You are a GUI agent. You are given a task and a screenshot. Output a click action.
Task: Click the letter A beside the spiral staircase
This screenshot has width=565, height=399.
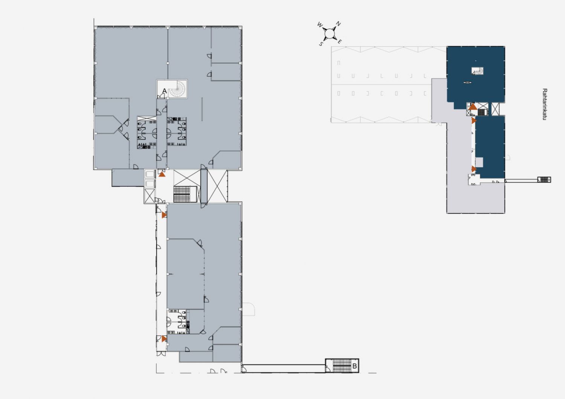pos(165,91)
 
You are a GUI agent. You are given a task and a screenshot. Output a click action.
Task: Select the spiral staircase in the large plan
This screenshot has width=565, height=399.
pos(177,89)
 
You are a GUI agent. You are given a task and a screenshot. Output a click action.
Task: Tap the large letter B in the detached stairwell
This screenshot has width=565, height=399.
pos(354,366)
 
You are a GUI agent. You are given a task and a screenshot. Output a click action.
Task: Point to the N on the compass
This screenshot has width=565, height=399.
pos(339,24)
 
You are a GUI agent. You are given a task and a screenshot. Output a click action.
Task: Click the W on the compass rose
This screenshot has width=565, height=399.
pos(319,25)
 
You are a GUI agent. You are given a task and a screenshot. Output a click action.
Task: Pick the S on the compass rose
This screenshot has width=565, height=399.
pos(321,44)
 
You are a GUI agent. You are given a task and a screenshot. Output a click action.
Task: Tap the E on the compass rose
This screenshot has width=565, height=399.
pos(339,41)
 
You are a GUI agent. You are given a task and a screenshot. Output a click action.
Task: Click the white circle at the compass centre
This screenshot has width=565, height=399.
pos(329,33)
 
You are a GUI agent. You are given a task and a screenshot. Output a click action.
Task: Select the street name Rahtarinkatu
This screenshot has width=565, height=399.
pos(545,104)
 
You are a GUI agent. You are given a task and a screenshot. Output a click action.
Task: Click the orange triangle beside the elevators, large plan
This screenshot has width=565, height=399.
pos(162,174)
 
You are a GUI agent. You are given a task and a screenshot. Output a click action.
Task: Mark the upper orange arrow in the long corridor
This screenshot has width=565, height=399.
pos(164,215)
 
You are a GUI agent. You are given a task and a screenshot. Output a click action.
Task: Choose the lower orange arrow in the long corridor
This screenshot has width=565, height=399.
pos(164,339)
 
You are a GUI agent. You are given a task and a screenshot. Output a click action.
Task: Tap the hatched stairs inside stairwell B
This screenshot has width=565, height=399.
pos(342,366)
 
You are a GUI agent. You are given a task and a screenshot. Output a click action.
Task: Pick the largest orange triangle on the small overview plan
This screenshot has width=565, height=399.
pos(473,107)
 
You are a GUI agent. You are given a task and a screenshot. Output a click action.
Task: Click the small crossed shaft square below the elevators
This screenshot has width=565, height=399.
pos(149,196)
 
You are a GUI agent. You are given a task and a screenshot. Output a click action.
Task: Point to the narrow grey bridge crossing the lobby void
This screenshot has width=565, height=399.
pos(204,186)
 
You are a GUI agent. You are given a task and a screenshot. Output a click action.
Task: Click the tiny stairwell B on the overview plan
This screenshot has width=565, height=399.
pos(544,180)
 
